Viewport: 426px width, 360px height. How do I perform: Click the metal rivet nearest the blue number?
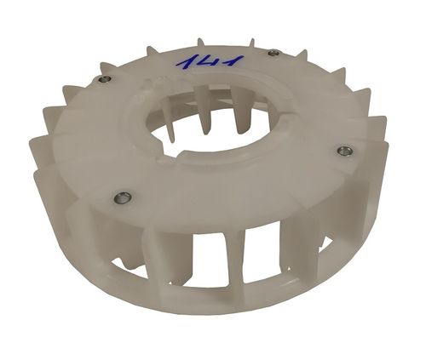tap(273, 54)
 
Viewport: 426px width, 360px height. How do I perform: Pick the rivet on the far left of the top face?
tap(103, 80)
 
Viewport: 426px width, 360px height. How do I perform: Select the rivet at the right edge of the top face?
tap(344, 151)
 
